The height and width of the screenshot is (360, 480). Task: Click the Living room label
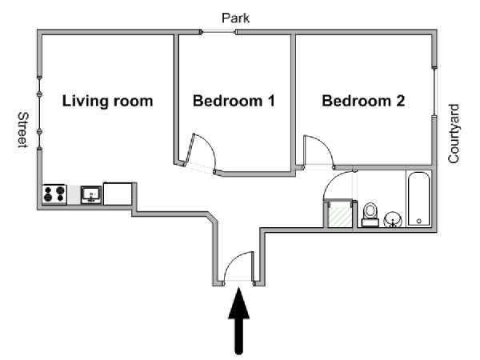tap(107, 101)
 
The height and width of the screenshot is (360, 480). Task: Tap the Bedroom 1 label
tap(234, 101)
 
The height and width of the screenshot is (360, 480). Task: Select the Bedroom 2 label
tap(363, 101)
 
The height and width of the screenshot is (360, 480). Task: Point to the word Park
tap(235, 18)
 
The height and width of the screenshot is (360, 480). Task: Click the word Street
tap(22, 130)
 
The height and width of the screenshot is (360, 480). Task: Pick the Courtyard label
tap(454, 134)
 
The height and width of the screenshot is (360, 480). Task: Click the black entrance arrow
tap(238, 321)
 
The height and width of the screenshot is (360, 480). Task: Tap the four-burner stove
tap(54, 194)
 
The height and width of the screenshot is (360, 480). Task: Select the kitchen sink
tap(91, 194)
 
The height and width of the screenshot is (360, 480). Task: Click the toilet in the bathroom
tap(370, 214)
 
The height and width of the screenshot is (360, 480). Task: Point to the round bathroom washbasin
tap(393, 219)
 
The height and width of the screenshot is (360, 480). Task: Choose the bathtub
tap(418, 199)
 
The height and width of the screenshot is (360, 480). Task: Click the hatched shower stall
tap(339, 214)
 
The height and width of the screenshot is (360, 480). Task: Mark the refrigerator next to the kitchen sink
tap(118, 194)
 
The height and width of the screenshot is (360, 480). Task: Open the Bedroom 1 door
tap(203, 152)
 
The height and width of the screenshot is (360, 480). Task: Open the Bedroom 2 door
tap(318, 151)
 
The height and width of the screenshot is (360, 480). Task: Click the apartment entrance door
tap(239, 266)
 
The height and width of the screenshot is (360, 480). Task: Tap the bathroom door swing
tap(338, 186)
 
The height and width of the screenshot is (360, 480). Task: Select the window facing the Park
tap(218, 32)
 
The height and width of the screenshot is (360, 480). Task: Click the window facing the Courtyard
tap(434, 91)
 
